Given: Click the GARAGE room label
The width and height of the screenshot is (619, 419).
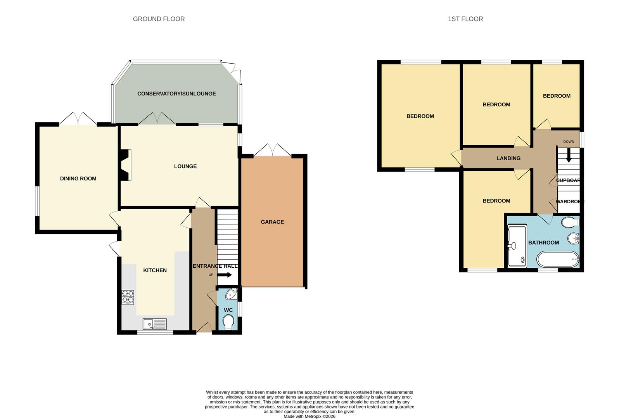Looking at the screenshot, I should (272, 222).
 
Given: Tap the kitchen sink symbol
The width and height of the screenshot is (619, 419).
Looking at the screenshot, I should (154, 324).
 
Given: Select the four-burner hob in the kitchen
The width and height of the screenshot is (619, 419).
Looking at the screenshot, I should (128, 297).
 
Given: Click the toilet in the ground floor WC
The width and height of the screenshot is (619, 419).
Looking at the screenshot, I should (229, 322).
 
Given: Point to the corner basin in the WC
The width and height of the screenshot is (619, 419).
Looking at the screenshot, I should (232, 294).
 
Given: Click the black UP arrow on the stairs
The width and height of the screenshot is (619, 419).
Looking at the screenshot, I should (225, 275).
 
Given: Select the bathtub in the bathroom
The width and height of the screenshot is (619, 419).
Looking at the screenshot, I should (558, 259).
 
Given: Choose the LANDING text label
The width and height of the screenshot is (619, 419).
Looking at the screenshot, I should (508, 158).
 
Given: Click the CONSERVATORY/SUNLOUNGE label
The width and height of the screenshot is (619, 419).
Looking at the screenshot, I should (176, 93).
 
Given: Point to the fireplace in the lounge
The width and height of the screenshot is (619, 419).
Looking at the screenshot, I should (126, 165).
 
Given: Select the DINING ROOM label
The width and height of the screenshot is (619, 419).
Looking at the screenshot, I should (78, 178).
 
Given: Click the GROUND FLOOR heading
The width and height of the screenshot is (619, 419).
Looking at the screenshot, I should (159, 19).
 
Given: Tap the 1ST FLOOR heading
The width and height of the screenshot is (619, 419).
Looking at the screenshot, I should (465, 19).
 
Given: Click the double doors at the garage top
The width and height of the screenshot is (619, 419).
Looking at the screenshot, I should (272, 151).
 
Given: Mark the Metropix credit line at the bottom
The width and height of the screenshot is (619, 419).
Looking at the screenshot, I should (309, 416).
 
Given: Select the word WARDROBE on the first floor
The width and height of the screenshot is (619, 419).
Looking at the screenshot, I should (569, 202).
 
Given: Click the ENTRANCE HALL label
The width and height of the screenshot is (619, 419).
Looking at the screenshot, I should (215, 266).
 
